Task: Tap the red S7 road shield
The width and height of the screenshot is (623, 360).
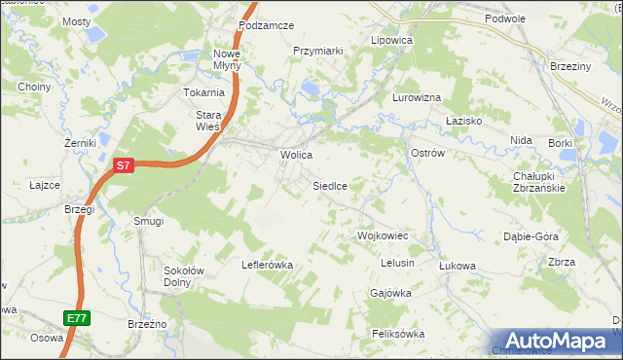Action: tap(122, 166)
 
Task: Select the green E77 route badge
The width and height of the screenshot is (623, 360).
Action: tap(77, 318)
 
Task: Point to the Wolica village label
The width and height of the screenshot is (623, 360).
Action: tap(296, 155)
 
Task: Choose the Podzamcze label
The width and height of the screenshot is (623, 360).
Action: tap(265, 25)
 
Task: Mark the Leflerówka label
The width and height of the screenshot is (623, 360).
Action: tap(268, 264)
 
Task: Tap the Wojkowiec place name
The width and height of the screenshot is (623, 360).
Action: tap(382, 236)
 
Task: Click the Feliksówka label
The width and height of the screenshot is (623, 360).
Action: tap(398, 334)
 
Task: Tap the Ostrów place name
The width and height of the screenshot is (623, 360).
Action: tap(428, 154)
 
